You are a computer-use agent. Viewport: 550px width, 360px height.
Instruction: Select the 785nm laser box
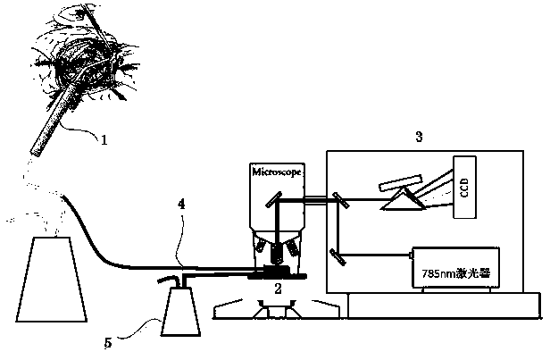454,265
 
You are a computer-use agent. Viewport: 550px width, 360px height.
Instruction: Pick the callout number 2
278,289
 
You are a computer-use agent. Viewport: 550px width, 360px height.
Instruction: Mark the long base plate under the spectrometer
441,303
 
